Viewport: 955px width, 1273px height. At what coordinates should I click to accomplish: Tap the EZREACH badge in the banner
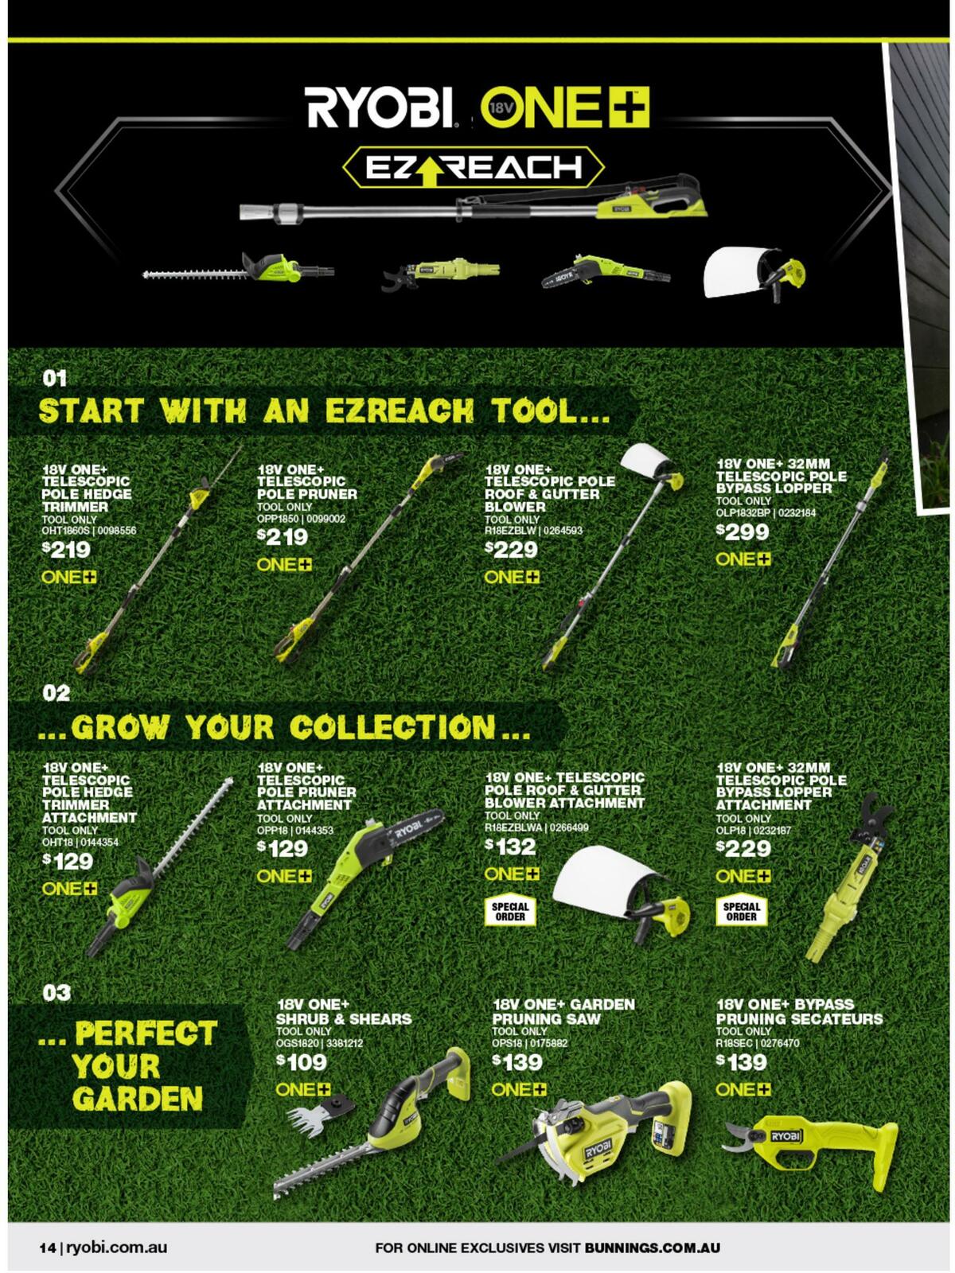tap(474, 168)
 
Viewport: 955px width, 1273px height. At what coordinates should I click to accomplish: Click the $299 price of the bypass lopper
tap(743, 531)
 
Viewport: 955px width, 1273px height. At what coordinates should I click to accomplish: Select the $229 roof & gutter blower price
tap(512, 549)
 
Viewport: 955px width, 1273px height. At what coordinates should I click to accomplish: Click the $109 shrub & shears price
tap(302, 1062)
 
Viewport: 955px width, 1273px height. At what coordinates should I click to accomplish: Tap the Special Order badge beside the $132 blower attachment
tap(509, 912)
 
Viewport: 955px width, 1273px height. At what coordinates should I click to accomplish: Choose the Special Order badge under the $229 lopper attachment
tap(741, 912)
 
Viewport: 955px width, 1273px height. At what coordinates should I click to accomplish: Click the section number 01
tap(54, 379)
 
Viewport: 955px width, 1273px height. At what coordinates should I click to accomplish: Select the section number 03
tap(57, 993)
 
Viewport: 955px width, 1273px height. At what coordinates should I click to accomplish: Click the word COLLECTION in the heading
tap(392, 727)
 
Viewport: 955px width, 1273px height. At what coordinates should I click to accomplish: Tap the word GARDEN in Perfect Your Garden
tap(138, 1099)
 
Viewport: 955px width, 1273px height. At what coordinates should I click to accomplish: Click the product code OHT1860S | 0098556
tap(88, 531)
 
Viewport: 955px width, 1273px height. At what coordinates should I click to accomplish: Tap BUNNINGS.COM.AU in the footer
tap(653, 1247)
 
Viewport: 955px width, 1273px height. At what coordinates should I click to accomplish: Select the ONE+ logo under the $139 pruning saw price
tap(518, 1090)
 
